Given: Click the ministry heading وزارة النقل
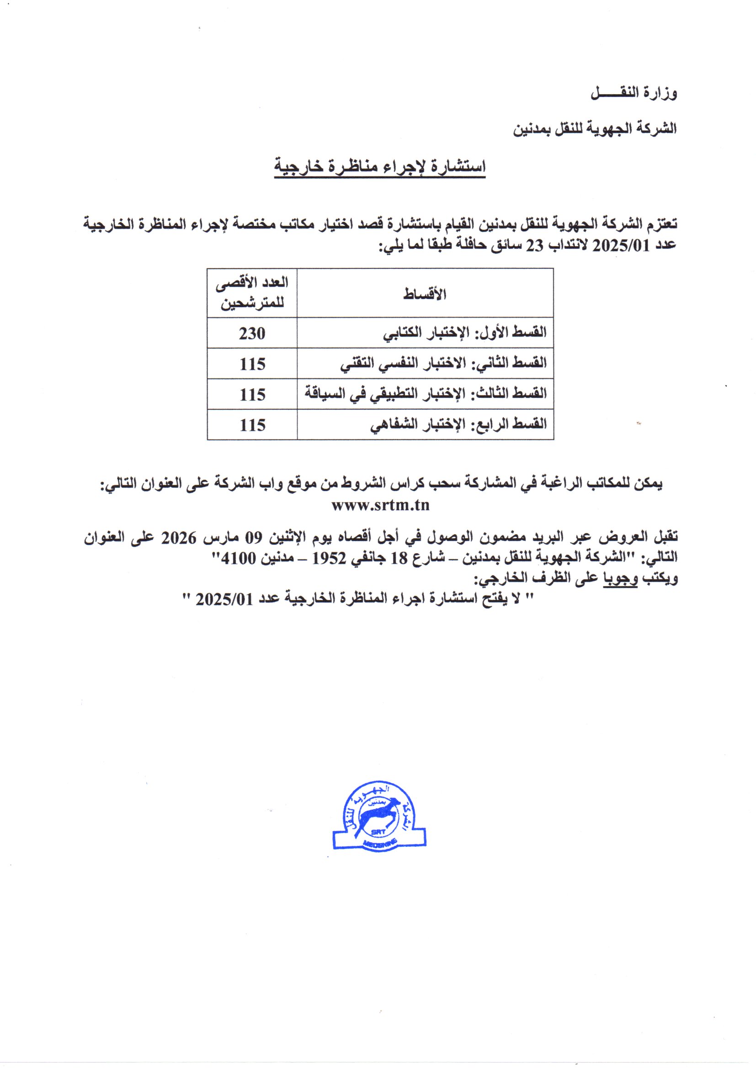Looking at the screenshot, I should (x=634, y=94).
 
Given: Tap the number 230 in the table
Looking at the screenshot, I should (x=252, y=333).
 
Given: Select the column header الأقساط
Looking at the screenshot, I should (x=425, y=294).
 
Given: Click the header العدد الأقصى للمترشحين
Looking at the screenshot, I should (x=252, y=294).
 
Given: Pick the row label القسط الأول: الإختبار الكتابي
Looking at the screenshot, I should (x=464, y=333).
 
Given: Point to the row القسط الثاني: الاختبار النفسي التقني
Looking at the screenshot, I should (x=443, y=363).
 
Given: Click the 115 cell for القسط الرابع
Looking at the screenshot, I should (x=252, y=425).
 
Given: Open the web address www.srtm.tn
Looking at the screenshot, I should (x=380, y=505).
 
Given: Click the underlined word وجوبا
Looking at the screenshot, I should (x=621, y=579).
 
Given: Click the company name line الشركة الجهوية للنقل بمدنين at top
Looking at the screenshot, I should (x=595, y=129).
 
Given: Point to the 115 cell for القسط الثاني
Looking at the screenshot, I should (x=252, y=364).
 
